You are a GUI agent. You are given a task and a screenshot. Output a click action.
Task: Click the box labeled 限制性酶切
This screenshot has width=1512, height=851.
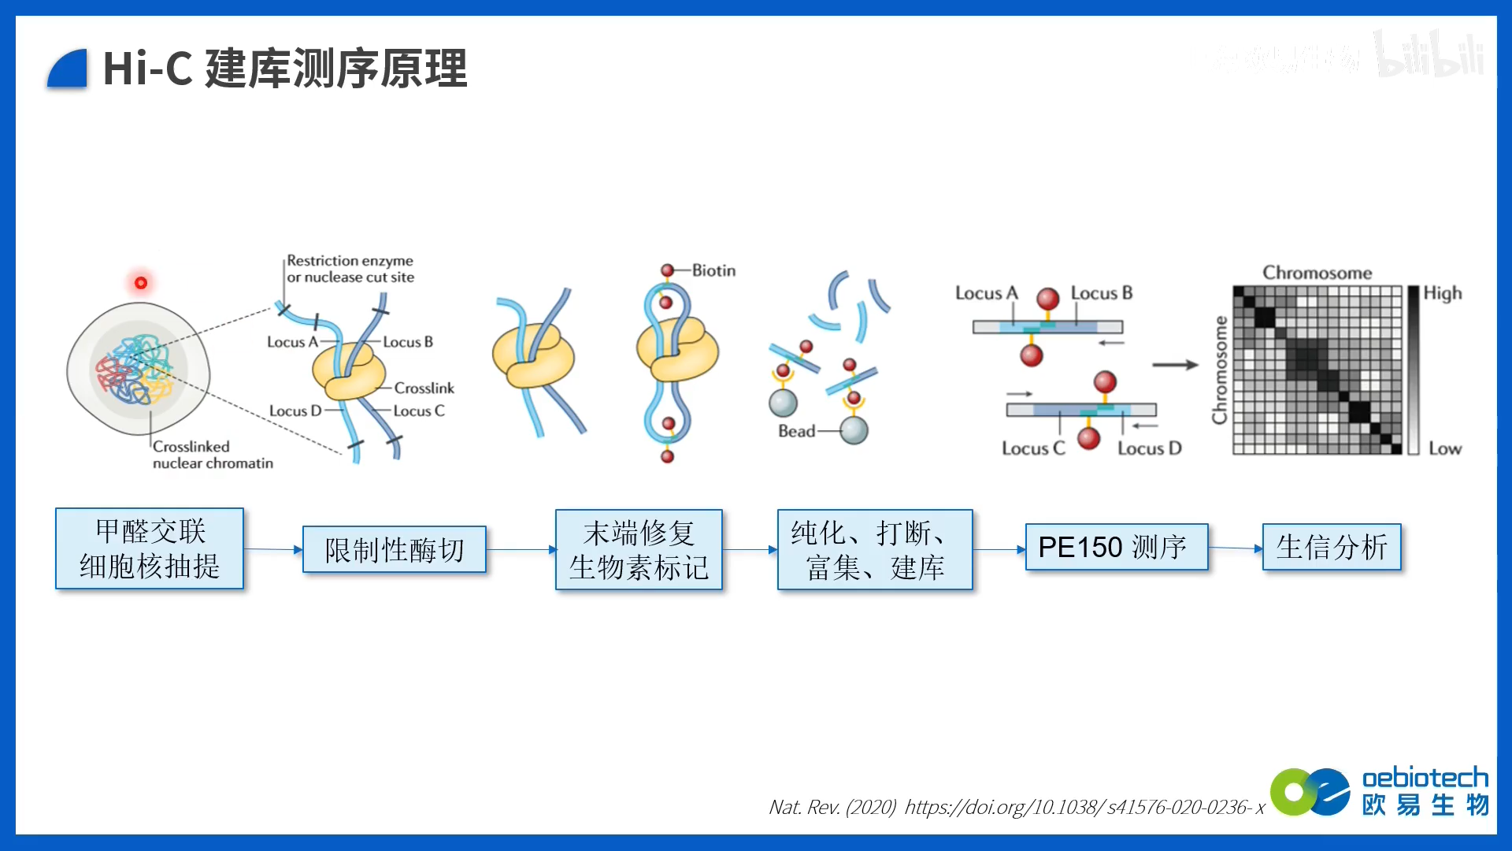click(x=394, y=549)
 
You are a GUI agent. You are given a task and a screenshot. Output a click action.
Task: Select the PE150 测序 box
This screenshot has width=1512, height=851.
click(x=1116, y=547)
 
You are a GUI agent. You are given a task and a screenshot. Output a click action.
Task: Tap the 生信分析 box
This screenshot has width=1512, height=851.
click(x=1332, y=547)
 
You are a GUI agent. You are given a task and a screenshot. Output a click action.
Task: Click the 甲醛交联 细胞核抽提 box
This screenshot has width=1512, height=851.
click(x=150, y=548)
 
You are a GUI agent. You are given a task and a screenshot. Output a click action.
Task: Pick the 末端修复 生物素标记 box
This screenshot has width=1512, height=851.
click(x=639, y=550)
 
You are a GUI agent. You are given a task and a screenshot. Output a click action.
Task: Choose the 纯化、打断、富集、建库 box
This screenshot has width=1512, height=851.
click(x=875, y=550)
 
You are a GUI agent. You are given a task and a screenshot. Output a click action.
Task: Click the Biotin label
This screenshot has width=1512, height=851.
click(x=713, y=270)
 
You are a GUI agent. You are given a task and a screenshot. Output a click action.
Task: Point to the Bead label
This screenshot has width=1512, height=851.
click(x=796, y=431)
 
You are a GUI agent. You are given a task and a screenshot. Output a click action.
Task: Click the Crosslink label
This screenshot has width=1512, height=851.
click(x=424, y=388)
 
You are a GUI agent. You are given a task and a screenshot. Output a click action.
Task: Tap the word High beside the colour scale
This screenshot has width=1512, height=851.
click(x=1442, y=293)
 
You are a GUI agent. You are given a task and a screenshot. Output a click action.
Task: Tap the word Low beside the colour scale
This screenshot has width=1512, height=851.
click(x=1444, y=448)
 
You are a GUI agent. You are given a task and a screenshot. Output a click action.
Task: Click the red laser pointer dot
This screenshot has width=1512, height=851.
click(x=141, y=283)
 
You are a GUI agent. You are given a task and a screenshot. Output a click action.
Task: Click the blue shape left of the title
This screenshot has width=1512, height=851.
click(x=68, y=69)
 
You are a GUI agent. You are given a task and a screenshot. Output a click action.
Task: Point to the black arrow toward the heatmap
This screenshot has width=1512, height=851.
click(x=1174, y=365)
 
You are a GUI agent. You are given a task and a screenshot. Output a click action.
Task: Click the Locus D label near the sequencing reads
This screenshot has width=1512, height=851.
click(x=1149, y=448)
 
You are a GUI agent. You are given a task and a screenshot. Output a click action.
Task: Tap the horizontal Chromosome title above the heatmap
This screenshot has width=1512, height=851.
click(x=1317, y=273)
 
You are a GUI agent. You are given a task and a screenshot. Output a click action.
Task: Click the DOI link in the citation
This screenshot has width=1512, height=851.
click(x=1084, y=807)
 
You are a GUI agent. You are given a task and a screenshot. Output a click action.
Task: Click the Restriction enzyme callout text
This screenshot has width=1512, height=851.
click(x=350, y=269)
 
